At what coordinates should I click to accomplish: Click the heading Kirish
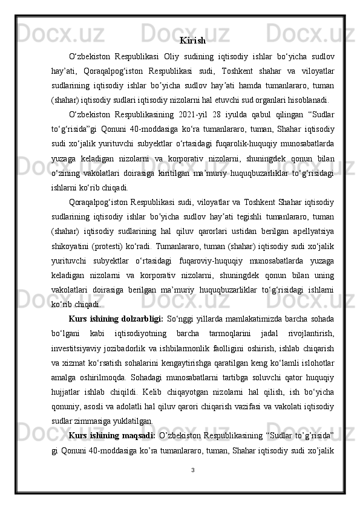click(x=192, y=41)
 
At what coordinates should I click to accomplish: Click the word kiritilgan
click(x=188, y=174)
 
